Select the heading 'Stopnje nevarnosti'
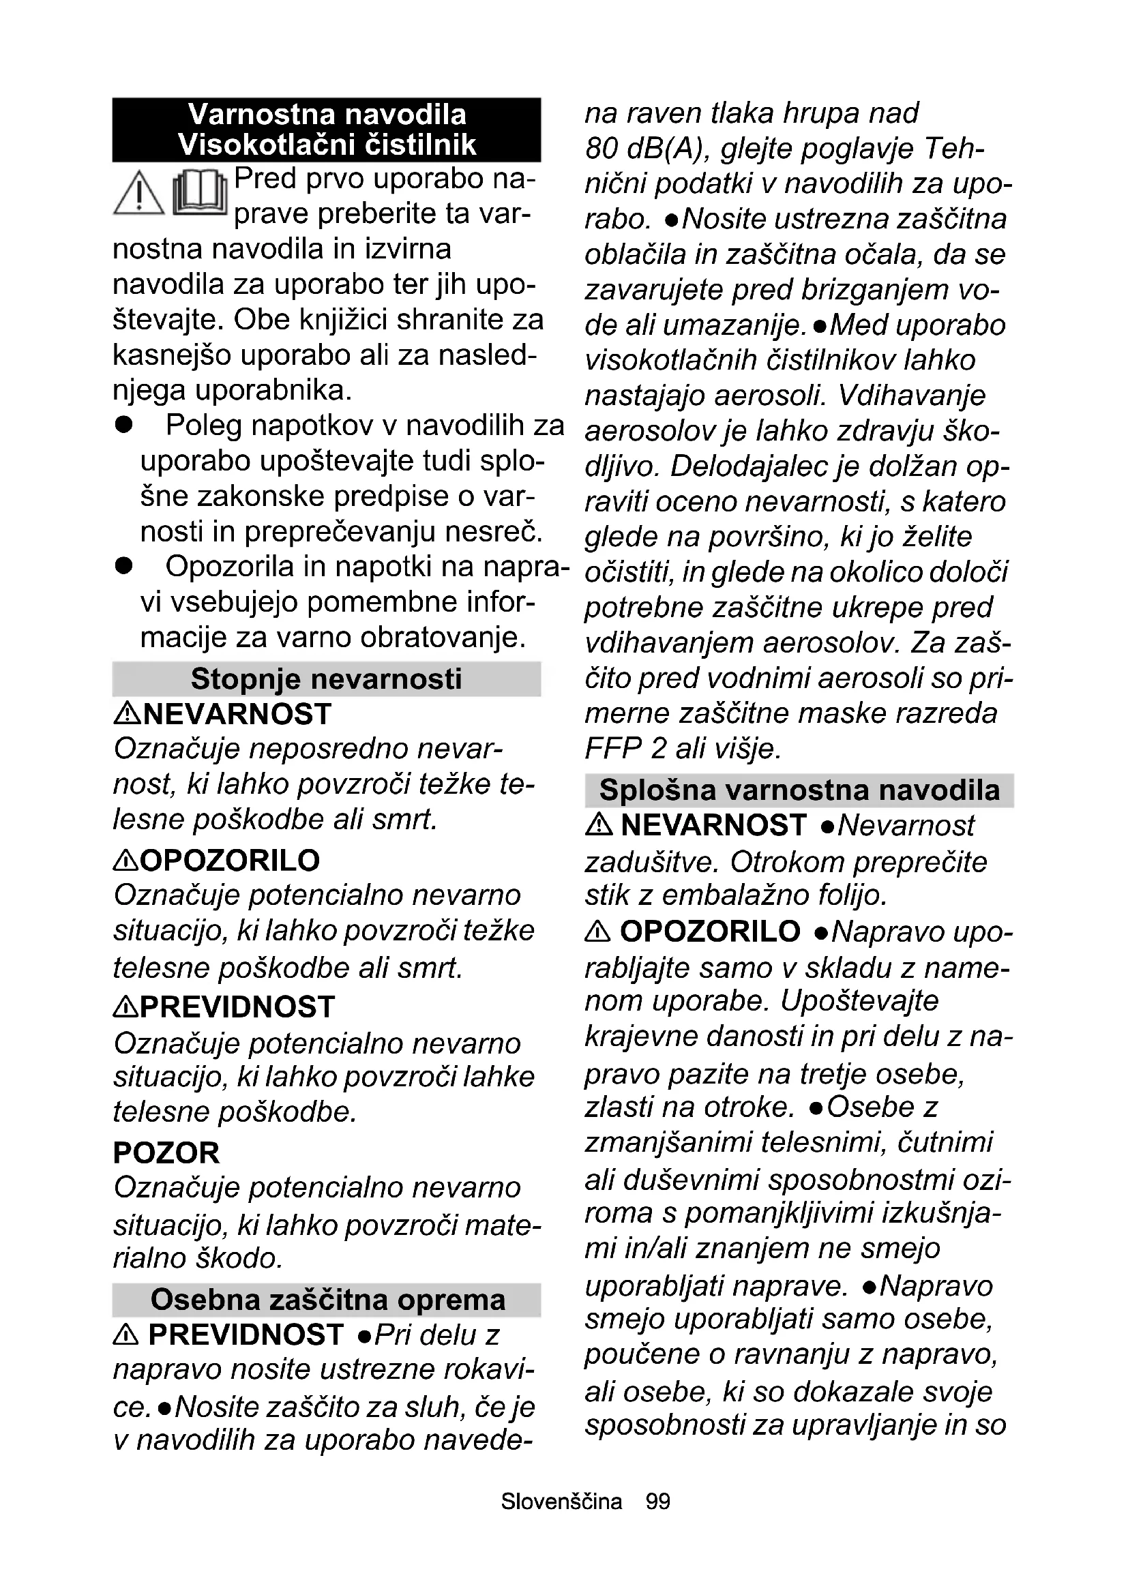point(326,679)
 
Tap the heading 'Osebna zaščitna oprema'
point(327,1300)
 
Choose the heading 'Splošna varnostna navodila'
point(799,790)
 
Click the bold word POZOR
point(166,1153)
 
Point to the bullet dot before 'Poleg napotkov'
point(123,425)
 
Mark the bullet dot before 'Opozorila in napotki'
point(123,566)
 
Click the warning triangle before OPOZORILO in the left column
point(125,861)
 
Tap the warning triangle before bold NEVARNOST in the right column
point(599,825)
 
